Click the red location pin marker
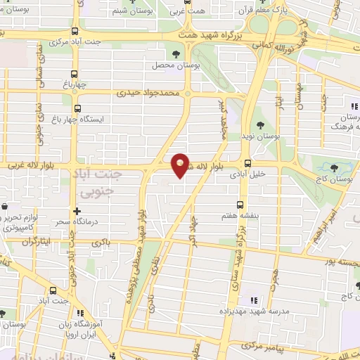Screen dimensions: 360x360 181,163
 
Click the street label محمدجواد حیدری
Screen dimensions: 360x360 149,93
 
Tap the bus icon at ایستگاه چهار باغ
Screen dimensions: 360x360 76,110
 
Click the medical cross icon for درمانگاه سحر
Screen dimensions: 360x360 76,211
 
